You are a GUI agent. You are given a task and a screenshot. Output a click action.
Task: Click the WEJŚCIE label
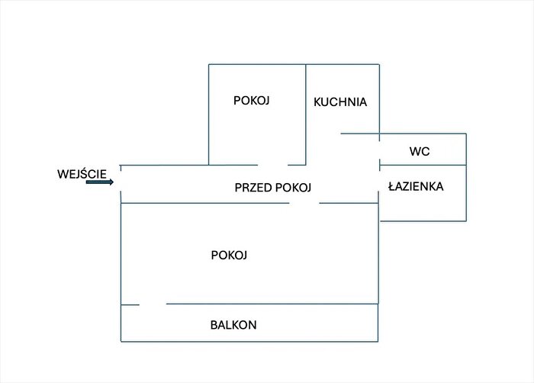[82, 174]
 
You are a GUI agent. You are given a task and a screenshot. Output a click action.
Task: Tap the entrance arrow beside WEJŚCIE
[100, 182]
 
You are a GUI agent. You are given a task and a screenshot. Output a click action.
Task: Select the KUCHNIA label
[340, 102]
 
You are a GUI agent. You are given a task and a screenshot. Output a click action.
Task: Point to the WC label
[420, 151]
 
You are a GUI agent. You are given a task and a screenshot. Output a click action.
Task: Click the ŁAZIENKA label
[417, 186]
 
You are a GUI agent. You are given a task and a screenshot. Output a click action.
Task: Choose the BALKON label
[233, 325]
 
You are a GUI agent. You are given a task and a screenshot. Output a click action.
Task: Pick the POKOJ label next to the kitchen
[251, 101]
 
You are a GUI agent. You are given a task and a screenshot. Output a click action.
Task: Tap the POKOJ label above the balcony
[229, 255]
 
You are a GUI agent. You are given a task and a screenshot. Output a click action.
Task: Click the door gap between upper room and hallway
[272, 165]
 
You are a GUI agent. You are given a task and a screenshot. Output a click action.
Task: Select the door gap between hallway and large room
[304, 204]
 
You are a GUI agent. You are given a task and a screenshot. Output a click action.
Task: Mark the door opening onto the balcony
[153, 304]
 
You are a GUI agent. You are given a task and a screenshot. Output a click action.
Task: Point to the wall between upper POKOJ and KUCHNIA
[306, 114]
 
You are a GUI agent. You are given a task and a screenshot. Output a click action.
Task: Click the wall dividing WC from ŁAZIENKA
[423, 166]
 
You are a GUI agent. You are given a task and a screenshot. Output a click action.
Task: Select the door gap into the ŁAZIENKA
[379, 181]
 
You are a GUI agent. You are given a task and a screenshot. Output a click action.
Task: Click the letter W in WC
[415, 151]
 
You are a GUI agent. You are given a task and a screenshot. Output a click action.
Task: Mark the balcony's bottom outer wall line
[249, 341]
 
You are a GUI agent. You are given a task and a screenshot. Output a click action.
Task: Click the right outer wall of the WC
[466, 150]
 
